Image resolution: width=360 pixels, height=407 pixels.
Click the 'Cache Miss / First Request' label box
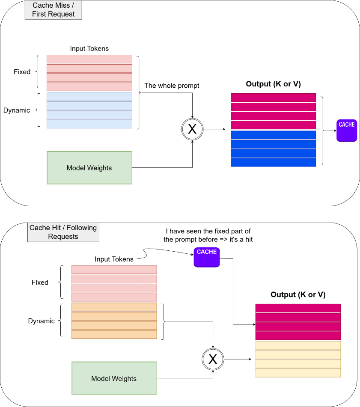pos(54,9)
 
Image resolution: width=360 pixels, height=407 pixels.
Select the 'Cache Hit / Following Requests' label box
pos(63,232)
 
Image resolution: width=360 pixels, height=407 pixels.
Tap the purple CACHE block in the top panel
pos(347,130)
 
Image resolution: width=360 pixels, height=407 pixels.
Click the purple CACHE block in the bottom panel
pos(207,257)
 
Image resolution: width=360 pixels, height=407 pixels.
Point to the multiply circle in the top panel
pos(192,129)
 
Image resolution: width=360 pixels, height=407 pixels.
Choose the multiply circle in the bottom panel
pos(213,359)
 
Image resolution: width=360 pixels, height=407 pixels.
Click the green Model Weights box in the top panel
pos(89,168)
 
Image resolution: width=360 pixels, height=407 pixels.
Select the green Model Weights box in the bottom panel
pos(114,378)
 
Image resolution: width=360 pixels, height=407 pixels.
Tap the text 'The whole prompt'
pos(172,86)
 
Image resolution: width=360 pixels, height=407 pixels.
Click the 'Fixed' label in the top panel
pos(22,71)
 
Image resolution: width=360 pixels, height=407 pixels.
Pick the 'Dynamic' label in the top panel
pos(17,110)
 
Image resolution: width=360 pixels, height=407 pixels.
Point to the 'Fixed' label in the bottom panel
pos(40,282)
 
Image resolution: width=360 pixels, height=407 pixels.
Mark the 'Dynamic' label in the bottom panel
pos(42,321)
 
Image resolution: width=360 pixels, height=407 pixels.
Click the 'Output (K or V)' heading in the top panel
pos(273,84)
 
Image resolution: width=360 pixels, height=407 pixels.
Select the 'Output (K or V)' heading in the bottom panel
pos(298,294)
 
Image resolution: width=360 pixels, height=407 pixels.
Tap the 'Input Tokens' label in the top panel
pos(89,48)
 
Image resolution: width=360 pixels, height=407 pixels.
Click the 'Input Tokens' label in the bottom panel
pos(114,259)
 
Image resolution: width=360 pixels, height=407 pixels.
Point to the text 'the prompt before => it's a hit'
pos(208,240)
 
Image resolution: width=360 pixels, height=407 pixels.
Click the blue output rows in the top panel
pos(273,149)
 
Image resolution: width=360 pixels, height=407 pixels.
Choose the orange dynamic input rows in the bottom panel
pos(114,321)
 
